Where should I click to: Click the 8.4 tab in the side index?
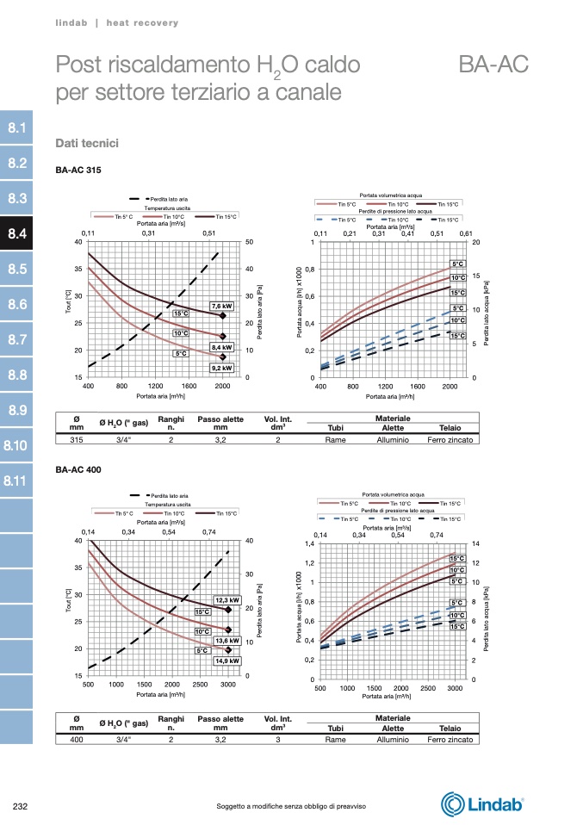click(16, 233)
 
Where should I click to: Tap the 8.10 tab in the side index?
click(16, 446)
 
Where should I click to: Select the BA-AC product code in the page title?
click(493, 65)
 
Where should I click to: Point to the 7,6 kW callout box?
click(222, 306)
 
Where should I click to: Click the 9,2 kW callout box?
click(222, 368)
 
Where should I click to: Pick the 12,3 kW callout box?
click(227, 599)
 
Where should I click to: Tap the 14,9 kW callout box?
click(227, 661)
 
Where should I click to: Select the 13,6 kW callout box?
click(227, 640)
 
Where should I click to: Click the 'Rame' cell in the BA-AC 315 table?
click(335, 439)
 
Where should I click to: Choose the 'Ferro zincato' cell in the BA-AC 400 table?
click(450, 739)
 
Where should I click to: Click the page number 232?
click(22, 806)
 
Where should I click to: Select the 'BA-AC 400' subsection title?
click(78, 469)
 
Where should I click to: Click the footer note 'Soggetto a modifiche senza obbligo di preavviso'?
click(291, 806)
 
